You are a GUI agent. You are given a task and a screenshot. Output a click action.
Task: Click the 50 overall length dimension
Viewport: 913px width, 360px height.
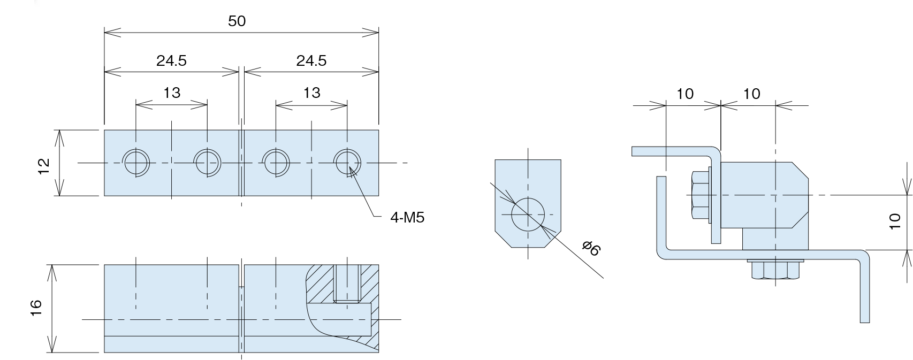pyautogui.click(x=237, y=21)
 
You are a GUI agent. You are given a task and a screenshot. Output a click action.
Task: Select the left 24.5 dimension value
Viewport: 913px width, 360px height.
pyautogui.click(x=171, y=61)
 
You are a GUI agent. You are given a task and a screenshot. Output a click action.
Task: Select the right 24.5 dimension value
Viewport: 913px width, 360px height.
pyautogui.click(x=311, y=61)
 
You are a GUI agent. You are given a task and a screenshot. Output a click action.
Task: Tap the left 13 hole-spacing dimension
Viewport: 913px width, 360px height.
pyautogui.click(x=171, y=93)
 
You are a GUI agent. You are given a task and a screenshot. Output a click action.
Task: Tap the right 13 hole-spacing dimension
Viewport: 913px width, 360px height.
pyautogui.click(x=311, y=93)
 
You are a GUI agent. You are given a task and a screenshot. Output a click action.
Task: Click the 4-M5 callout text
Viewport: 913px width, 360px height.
pyautogui.click(x=407, y=218)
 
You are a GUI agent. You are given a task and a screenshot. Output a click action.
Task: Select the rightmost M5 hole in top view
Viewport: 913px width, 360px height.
pyautogui.click(x=347, y=162)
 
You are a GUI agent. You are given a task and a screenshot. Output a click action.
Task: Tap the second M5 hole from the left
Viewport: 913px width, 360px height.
pyautogui.click(x=207, y=162)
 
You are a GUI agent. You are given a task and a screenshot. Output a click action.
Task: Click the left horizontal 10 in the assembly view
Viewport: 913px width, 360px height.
pyautogui.click(x=685, y=94)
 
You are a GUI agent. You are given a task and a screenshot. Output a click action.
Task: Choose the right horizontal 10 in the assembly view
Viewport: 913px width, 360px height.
pyautogui.click(x=751, y=94)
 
